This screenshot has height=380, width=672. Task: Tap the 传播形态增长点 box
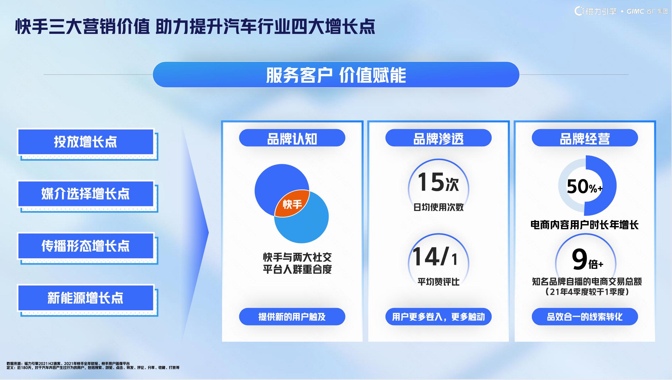[86, 246]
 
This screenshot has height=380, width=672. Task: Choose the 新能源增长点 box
[86, 298]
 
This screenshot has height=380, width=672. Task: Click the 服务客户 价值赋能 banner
[336, 75]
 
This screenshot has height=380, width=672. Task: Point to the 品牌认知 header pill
[292, 138]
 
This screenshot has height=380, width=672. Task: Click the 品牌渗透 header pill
[439, 138]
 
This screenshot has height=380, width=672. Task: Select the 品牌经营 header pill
[585, 138]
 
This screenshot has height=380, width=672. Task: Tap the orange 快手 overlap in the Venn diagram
[292, 203]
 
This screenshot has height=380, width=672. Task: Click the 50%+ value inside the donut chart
[585, 187]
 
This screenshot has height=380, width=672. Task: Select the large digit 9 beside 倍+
[580, 259]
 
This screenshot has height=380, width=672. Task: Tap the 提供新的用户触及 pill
[292, 317]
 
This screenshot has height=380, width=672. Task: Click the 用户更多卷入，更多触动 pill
[439, 317]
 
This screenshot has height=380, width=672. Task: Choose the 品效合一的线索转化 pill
[585, 317]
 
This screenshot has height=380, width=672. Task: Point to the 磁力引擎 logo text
[601, 11]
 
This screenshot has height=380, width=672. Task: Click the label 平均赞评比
[439, 282]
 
